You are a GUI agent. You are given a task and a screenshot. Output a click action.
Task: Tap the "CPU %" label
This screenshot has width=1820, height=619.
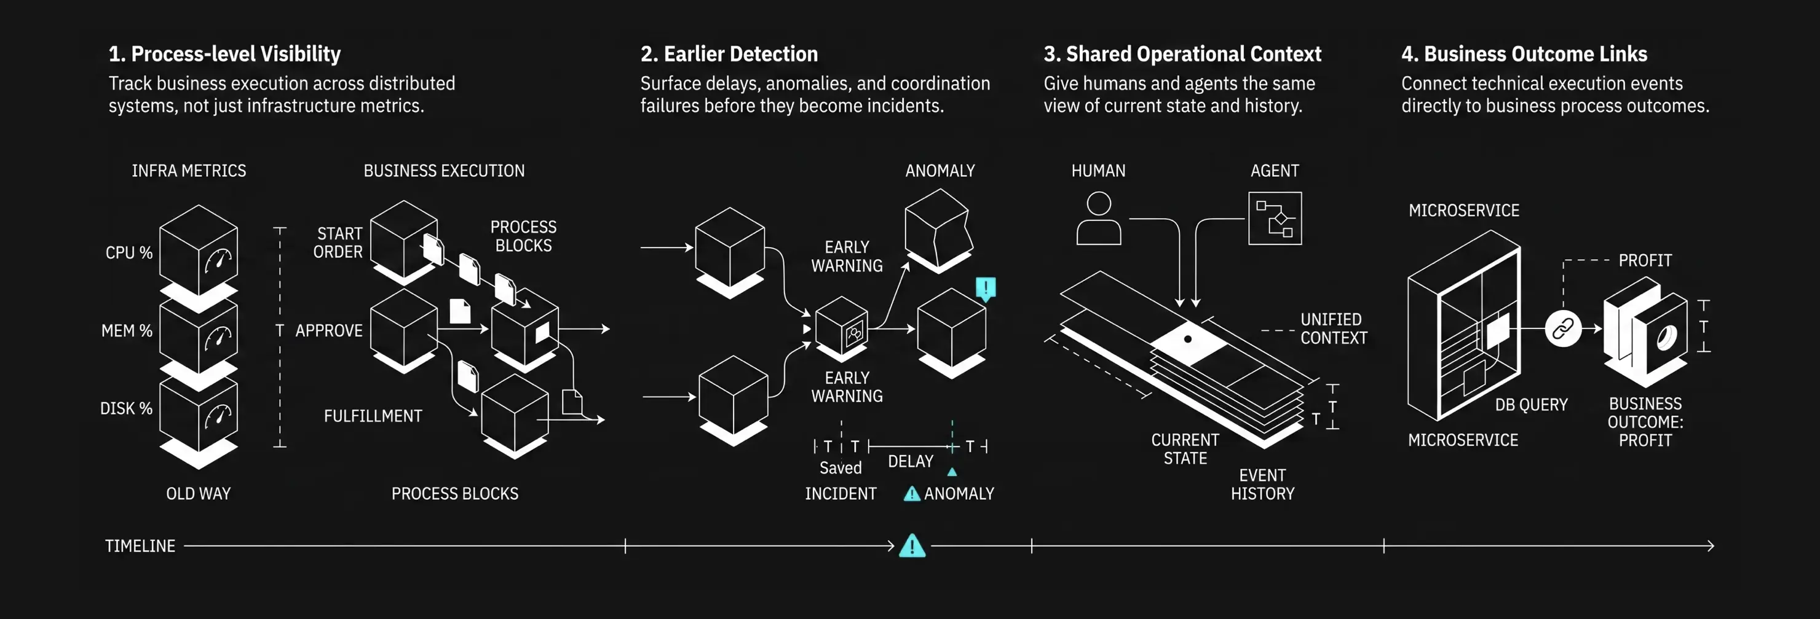tap(129, 252)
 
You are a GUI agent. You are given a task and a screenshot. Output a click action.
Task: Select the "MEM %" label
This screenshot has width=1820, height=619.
tap(127, 330)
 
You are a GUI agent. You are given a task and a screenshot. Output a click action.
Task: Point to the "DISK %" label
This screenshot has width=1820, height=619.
tap(126, 408)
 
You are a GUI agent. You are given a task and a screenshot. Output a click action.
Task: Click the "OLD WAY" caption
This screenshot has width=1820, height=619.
tap(199, 493)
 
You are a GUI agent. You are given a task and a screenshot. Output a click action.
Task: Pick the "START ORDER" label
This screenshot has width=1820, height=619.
tap(338, 242)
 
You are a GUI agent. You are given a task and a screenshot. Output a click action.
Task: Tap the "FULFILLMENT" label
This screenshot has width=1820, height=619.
tap(373, 416)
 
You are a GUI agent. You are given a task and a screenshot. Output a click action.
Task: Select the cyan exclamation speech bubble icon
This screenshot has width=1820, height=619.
tap(986, 288)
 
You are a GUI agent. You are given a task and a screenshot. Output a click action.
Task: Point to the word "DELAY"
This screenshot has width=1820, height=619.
tap(911, 461)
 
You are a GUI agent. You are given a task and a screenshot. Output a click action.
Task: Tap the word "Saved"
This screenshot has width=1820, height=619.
tap(840, 467)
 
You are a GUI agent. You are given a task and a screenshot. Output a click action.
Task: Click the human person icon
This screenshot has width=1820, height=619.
tap(1099, 219)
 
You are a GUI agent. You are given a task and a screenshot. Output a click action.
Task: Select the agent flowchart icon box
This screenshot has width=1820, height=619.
tap(1275, 219)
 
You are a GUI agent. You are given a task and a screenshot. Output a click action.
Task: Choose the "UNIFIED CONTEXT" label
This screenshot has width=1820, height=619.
tap(1334, 328)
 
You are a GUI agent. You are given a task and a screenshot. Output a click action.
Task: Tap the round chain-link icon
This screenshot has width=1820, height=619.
tap(1563, 328)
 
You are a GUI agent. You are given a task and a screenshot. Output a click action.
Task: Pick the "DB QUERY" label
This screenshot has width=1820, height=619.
tap(1531, 405)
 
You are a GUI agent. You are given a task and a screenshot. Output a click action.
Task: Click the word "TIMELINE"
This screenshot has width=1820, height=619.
tap(140, 545)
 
